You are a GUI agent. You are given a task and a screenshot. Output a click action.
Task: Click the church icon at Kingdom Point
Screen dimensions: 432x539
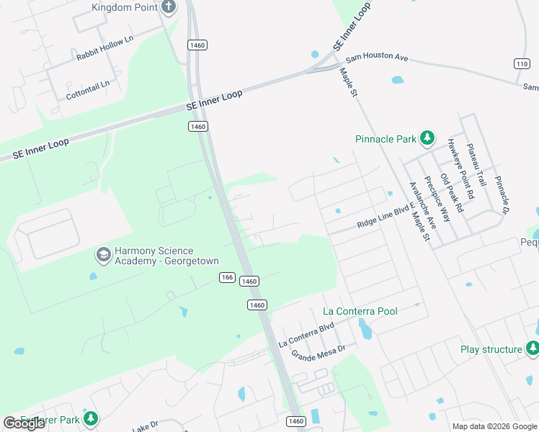[x=169, y=8]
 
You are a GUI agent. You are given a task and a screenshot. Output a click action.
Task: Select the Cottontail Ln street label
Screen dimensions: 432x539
[x=88, y=89]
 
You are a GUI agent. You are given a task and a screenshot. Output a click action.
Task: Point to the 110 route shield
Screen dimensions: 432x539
[x=522, y=64]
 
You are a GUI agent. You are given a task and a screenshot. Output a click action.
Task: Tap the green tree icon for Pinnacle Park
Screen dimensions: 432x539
[x=427, y=138]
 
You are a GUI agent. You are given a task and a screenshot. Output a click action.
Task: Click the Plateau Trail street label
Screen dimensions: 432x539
[x=476, y=165]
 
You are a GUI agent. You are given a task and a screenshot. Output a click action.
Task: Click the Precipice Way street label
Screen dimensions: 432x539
[x=436, y=198]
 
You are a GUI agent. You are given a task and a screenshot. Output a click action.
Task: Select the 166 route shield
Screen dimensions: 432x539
[x=228, y=277]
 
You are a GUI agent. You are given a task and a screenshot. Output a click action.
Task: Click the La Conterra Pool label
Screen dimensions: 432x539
[x=360, y=311]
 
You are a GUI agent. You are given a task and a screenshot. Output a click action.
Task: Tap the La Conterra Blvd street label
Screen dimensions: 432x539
[x=307, y=336]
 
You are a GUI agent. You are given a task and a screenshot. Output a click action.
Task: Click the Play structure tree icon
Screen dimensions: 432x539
[x=533, y=349]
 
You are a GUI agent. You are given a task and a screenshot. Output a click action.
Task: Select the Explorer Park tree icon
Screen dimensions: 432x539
[x=90, y=418]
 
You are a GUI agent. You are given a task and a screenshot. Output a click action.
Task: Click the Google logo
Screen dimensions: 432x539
[x=24, y=423]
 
